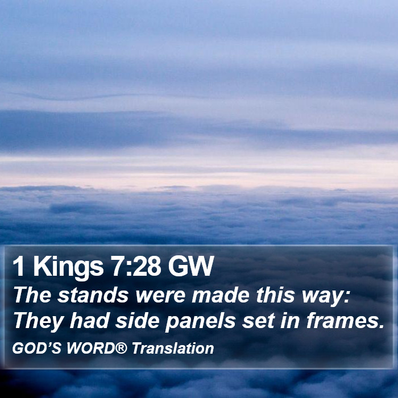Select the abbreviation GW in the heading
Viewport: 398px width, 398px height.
pos(190,266)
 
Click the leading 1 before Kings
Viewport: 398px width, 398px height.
pos(19,266)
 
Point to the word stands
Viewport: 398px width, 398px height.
pos(93,295)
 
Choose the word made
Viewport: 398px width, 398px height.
pos(220,295)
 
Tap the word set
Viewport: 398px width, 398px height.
pos(258,321)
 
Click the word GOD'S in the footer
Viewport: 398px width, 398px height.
pos(36,348)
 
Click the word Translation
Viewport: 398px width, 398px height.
pos(173,348)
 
